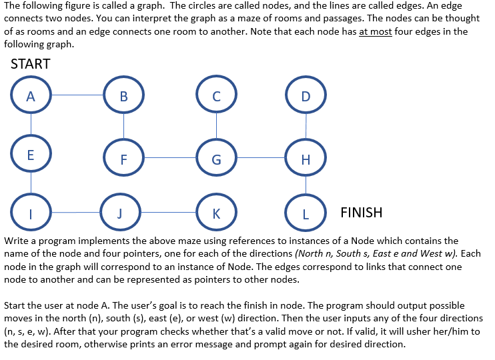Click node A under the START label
pos(31,96)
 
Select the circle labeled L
pos(306,213)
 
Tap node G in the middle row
pos(215,159)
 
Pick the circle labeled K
pos(215,213)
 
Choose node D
pos(306,96)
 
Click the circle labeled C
pos(215,96)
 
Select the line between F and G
pos(169,158)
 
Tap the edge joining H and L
pos(306,186)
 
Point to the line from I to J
pos(74,213)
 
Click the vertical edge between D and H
pos(306,127)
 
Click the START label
pos(31,64)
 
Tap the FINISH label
pos(362,213)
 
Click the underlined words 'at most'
pos(375,32)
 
